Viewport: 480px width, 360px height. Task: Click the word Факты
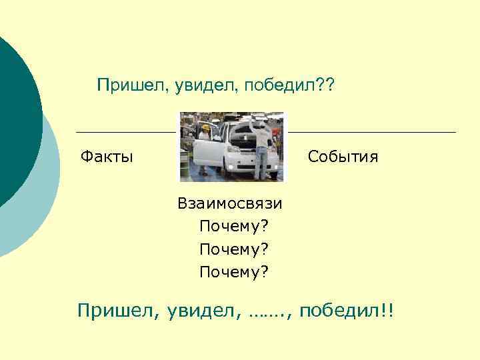[107, 157]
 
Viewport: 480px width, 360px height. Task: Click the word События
[343, 157]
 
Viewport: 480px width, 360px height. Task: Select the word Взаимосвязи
[230, 203]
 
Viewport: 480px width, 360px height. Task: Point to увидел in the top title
[199, 85]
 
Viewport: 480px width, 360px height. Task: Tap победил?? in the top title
[291, 85]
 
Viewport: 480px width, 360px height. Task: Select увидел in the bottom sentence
[199, 311]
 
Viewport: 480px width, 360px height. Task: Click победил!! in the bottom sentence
[347, 310]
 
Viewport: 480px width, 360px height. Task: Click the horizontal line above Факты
[126, 132]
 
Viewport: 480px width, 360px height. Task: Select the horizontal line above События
[372, 132]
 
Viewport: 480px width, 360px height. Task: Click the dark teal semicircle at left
[17, 120]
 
